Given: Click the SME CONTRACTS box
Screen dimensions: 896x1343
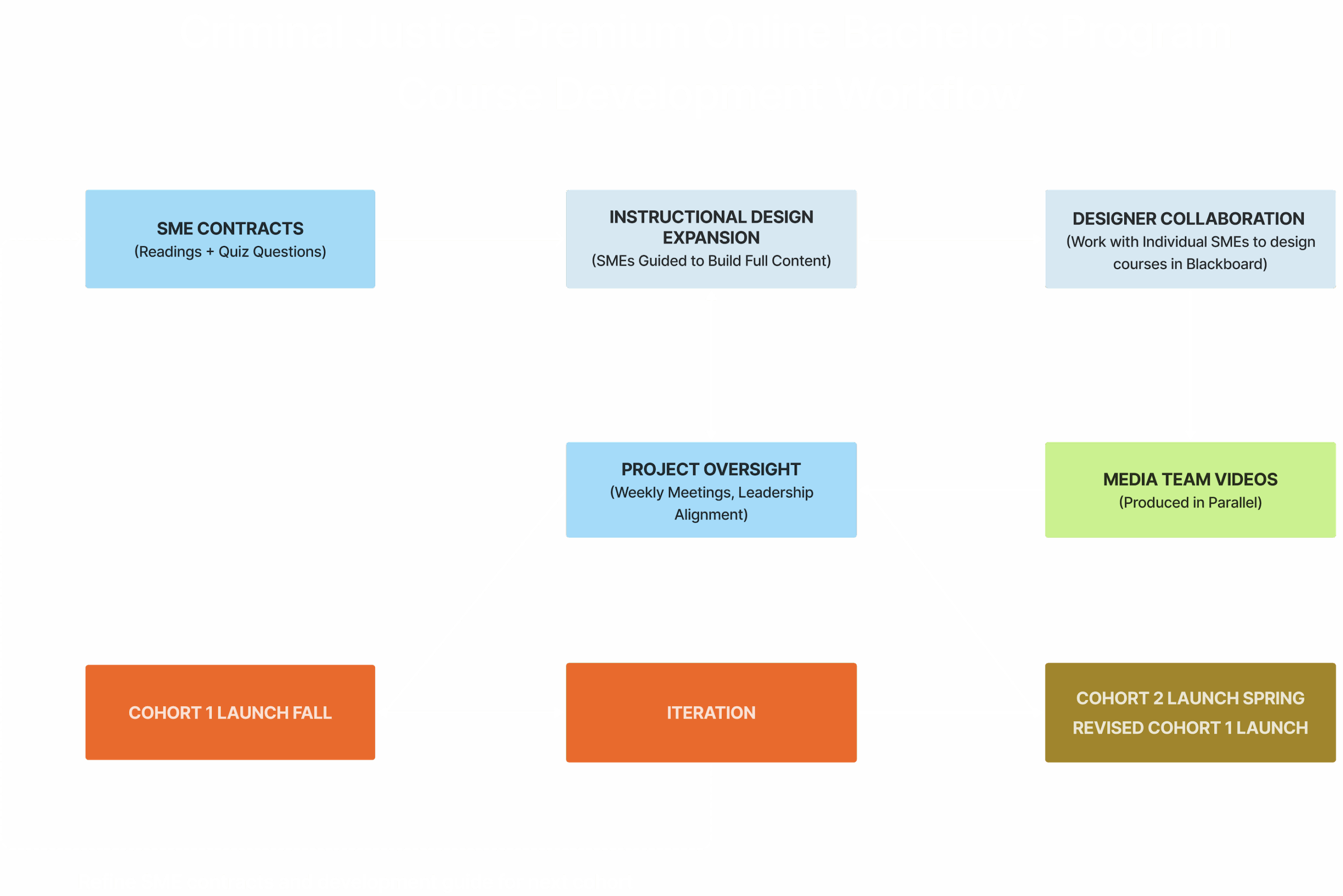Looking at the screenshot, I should click(230, 239).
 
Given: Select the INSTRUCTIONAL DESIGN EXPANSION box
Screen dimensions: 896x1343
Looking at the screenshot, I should click(711, 239).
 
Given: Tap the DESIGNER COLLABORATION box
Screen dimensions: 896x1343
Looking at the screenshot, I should click(1190, 239).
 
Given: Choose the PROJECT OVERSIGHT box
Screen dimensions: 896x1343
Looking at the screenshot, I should click(711, 490).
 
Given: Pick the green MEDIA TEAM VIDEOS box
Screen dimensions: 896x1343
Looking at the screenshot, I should click(1190, 490).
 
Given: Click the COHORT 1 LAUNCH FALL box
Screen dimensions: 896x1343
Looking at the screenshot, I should click(230, 712).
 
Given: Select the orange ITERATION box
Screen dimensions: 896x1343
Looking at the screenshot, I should click(711, 712).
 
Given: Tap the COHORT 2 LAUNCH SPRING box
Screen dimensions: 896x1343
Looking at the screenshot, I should click(1190, 698).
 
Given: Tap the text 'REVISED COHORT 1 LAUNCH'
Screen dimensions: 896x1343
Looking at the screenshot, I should click(1190, 728).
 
